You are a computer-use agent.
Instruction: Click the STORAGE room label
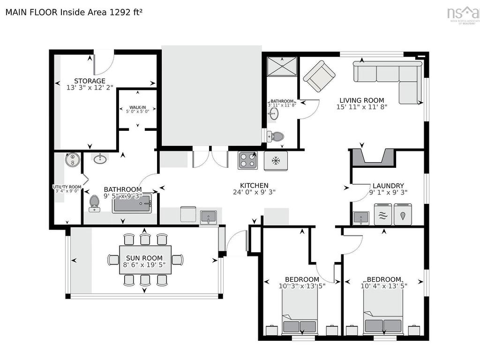click(90, 81)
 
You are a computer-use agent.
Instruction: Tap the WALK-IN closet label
click(137, 108)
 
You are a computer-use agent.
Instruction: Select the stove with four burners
click(247, 161)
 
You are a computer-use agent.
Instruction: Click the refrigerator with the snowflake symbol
click(276, 161)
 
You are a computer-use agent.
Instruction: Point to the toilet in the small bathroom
click(276, 136)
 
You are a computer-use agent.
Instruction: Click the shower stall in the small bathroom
click(282, 66)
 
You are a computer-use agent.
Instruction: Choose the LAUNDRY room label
click(388, 186)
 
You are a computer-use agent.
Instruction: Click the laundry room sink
click(360, 217)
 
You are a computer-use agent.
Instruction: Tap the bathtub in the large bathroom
click(132, 203)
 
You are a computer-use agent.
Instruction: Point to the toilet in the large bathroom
click(94, 202)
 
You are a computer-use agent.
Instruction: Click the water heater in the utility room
click(73, 160)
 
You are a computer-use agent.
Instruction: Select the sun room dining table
click(144, 259)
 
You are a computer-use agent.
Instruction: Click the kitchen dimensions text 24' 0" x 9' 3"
click(254, 192)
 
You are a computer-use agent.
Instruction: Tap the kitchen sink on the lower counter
click(208, 217)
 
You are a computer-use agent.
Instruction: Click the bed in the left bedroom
click(300, 312)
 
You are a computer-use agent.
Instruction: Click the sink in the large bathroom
click(100, 159)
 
